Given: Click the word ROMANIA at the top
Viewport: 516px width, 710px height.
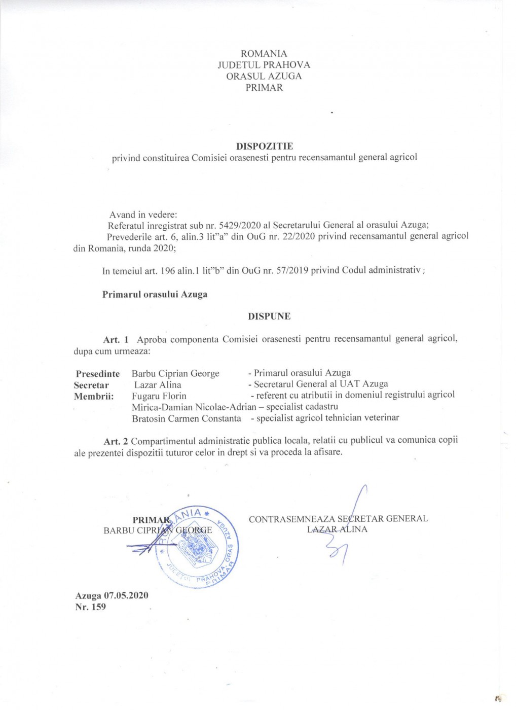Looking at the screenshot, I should (264, 54).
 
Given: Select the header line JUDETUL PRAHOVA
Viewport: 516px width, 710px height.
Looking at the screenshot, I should (264, 65).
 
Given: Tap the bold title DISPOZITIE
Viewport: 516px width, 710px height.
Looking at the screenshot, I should (265, 146).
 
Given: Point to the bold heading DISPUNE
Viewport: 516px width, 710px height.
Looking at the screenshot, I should (269, 316).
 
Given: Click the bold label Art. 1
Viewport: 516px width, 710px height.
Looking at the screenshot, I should (116, 339).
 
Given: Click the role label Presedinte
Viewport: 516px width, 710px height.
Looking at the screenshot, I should (98, 374).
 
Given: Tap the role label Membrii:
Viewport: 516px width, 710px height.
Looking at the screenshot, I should (94, 396).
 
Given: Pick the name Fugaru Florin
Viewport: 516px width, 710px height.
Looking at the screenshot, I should (159, 396).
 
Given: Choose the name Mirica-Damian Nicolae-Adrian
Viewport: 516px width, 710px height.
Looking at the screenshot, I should (194, 407).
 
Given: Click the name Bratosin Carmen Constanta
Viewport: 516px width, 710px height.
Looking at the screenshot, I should (187, 418).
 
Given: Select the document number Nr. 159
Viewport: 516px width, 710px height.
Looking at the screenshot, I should (90, 607).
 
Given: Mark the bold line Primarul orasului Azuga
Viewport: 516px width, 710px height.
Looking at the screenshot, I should (155, 294).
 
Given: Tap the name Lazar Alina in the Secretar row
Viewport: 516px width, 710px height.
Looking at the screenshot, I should (158, 385).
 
